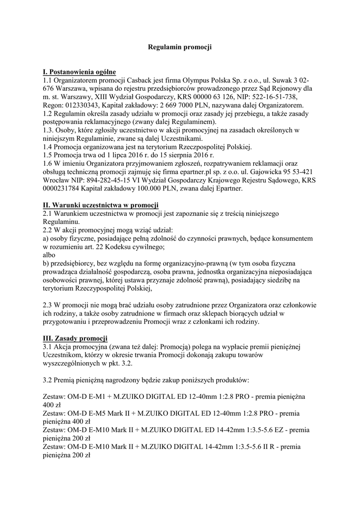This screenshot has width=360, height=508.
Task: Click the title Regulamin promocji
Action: (x=180, y=47)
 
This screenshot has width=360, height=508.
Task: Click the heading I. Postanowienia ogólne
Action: (x=79, y=71)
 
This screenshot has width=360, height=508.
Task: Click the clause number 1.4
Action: (x=49, y=147)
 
